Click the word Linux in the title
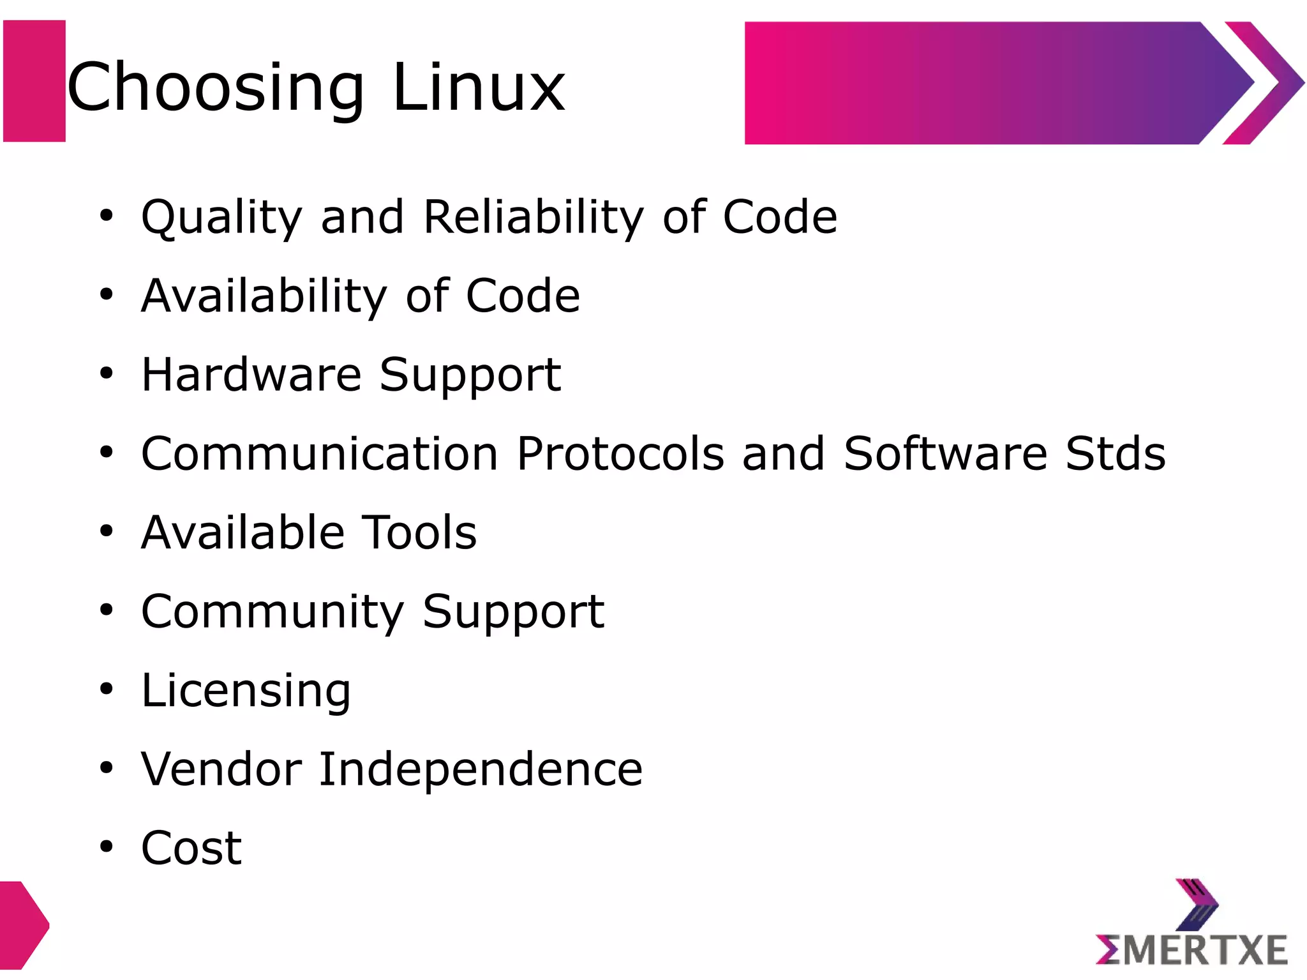coord(479,87)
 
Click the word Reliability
coord(534,218)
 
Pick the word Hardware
coord(251,375)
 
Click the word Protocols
coord(620,454)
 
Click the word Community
coord(273,612)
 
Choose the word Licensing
coord(246,691)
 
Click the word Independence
coord(481,769)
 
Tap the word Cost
coord(191,848)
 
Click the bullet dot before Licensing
coord(106,690)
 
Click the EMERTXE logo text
coord(1191,951)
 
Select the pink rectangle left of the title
coord(34,81)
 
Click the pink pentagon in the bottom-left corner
coord(22,925)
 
